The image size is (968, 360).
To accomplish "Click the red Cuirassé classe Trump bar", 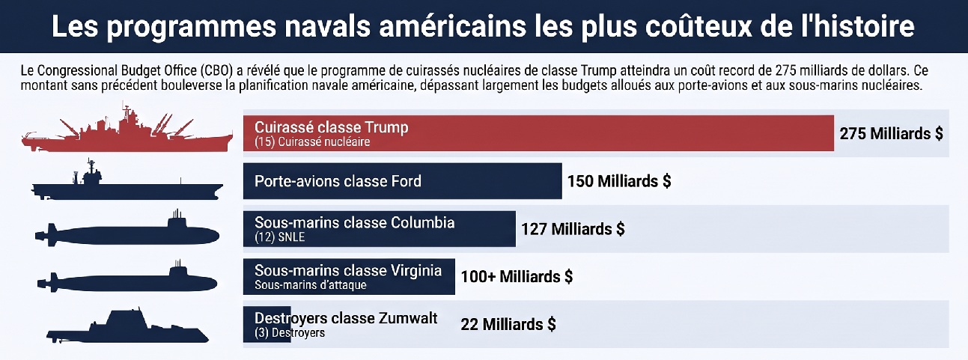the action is tap(538, 133).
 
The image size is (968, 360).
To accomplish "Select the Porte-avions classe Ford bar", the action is tap(402, 181).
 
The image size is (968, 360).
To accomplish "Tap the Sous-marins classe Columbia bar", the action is tap(380, 229).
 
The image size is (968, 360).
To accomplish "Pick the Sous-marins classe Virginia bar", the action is tap(349, 277).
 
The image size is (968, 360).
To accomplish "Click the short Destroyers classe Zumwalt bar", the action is tap(267, 325).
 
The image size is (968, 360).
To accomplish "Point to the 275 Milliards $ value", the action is tap(891, 133).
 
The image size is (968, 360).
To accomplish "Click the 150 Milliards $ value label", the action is tap(619, 181).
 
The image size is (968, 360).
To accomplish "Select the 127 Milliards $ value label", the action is tap(573, 229).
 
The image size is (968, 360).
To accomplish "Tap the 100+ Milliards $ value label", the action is tap(517, 277).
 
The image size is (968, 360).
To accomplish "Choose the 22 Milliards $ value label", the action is tap(508, 325).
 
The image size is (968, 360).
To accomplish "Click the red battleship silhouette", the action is tap(127, 128).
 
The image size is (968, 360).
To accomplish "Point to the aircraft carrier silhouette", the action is tap(127, 180).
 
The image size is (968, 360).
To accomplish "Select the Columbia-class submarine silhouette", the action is tap(127, 229).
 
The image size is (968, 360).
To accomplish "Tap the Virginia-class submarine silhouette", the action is tap(127, 278).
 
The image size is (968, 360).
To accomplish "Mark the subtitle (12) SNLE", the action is tap(279, 237).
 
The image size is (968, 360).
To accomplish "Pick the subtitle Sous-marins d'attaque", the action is tap(310, 285).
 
